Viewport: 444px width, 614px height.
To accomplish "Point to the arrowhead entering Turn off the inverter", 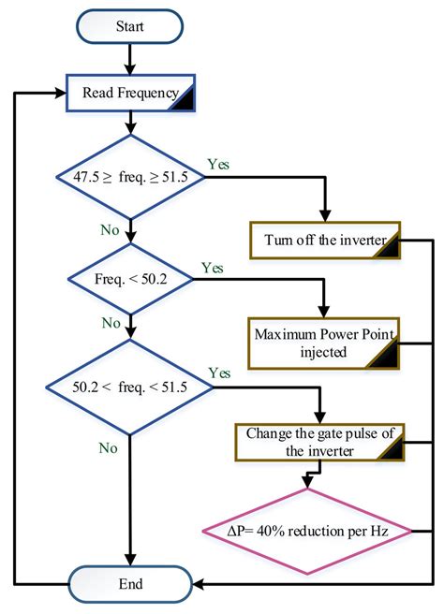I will pos(325,218).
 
